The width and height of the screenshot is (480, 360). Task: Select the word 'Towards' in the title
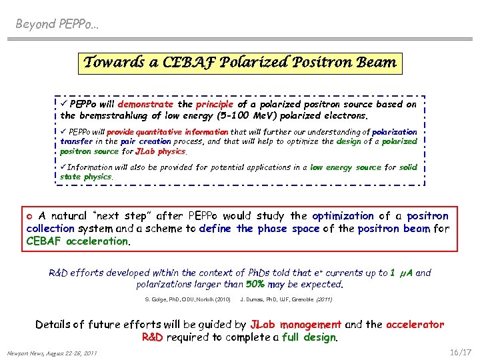[112, 63]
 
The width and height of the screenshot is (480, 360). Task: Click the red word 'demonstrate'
[145, 105]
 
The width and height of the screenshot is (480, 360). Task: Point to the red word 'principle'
[215, 105]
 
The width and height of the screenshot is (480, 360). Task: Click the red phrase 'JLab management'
[295, 325]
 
